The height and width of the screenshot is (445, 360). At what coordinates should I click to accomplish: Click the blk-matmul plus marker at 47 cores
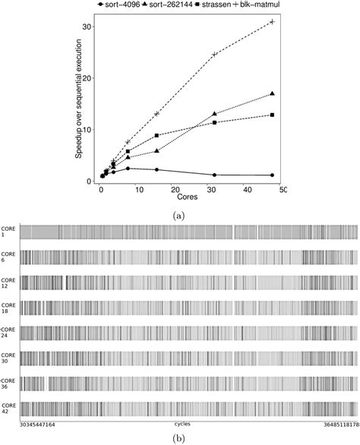[273, 22]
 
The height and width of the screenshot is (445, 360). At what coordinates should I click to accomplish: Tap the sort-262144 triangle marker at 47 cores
[273, 93]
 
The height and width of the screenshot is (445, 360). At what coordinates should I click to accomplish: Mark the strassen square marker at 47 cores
[273, 115]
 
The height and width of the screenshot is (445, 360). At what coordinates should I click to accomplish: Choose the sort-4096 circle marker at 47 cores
[273, 175]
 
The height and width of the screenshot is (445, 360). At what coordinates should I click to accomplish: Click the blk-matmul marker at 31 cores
[214, 55]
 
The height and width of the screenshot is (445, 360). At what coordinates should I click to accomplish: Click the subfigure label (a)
[180, 216]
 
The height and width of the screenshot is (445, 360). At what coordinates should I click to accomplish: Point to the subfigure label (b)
[180, 437]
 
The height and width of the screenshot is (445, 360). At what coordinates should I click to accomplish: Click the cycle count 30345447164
[43, 424]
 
